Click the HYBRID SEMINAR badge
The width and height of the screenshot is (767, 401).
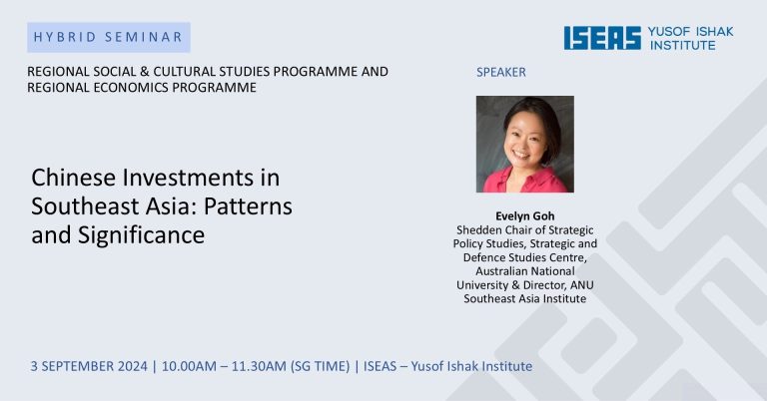(x=109, y=37)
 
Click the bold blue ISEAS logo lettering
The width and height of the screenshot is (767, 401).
(x=602, y=38)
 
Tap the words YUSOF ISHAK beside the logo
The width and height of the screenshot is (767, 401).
(x=691, y=32)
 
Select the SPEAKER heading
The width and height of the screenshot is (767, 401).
(x=501, y=72)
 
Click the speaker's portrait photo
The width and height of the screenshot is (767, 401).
(x=525, y=144)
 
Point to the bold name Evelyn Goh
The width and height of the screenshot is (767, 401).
(x=525, y=215)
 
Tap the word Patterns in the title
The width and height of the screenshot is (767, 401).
(x=248, y=206)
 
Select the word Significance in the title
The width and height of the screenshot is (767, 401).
(x=142, y=235)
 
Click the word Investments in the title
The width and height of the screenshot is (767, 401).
(x=188, y=178)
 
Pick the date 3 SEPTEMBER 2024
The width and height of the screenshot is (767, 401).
(x=89, y=366)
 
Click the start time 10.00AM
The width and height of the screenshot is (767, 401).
(x=189, y=366)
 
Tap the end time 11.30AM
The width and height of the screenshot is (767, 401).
(x=259, y=366)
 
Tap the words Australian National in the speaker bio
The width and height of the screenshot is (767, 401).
(x=525, y=271)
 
